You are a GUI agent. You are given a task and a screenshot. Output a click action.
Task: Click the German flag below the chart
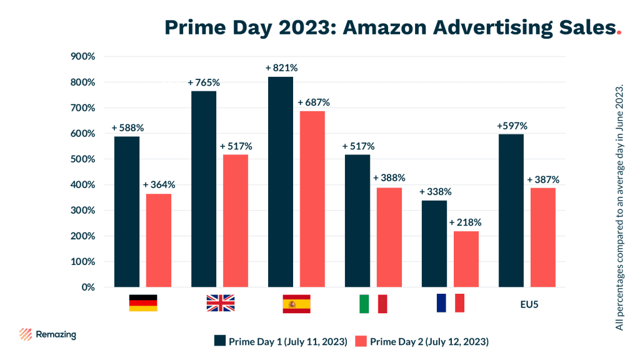coord(143,303)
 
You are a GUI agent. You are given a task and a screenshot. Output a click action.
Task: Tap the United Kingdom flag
coord(220,303)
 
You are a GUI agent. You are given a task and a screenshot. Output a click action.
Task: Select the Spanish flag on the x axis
coord(296,303)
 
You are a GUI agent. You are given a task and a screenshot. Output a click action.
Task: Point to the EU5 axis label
coord(529,304)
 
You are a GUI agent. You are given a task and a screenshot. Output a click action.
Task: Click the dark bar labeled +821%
coord(281,181)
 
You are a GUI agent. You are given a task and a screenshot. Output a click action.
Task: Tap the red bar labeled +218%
coord(466,259)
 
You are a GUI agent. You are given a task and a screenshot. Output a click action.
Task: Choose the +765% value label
coord(204,82)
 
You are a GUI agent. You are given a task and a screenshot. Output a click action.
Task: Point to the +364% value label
coord(159,185)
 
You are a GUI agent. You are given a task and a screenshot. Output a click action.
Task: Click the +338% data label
coord(435,191)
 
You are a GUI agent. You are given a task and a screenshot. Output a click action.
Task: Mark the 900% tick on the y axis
coord(83,56)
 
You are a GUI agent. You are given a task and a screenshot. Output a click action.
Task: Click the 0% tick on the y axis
coord(88,287)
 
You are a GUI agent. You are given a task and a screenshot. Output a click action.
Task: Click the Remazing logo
coord(47,334)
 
